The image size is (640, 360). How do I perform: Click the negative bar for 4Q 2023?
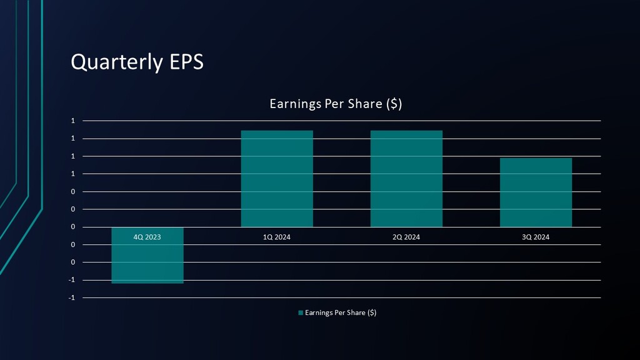pos(147,262)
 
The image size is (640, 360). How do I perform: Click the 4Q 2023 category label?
pos(147,237)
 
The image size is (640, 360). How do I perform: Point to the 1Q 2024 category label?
pos(277,237)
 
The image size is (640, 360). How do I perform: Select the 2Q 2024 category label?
pos(406,237)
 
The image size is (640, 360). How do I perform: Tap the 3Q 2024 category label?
pos(536,237)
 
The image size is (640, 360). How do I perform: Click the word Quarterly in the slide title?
pos(116,62)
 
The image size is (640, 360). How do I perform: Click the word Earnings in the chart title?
pos(294,104)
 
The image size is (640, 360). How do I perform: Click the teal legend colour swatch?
pos(301,312)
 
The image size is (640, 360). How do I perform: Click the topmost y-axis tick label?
pos(73,121)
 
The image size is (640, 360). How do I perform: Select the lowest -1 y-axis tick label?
pos(72,297)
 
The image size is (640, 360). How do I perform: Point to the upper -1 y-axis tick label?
pos(72,280)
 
